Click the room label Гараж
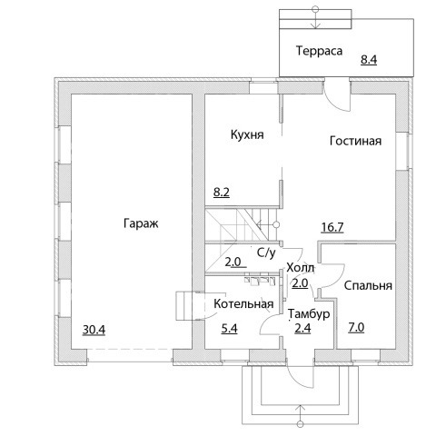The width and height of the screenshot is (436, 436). pos(141,224)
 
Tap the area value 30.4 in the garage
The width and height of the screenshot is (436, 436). pos(94,330)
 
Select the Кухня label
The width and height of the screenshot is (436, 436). pos(247,134)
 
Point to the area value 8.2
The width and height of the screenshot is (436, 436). pos(222,192)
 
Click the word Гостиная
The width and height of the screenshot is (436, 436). pos(355,141)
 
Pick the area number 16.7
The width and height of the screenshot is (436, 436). pos(332,227)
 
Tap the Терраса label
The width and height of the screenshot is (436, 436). pos(319,51)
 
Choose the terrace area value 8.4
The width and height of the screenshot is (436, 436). pos(369,59)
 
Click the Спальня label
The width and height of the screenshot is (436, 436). pos(368,285)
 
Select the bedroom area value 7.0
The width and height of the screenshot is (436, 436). pos(356,328)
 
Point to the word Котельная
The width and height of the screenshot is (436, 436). pos(243,303)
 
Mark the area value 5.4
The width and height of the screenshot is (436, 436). pos(229,329)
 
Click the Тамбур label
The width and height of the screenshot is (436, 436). pos(309,314)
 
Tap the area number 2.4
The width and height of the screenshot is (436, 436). pos(302,328)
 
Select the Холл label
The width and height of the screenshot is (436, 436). pos(301,268)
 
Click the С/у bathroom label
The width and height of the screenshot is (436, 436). pos(266,253)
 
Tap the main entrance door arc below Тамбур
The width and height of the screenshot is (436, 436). pos(297,381)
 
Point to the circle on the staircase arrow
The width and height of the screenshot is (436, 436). pos(276,224)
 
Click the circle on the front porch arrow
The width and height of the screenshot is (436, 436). pos(300,423)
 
